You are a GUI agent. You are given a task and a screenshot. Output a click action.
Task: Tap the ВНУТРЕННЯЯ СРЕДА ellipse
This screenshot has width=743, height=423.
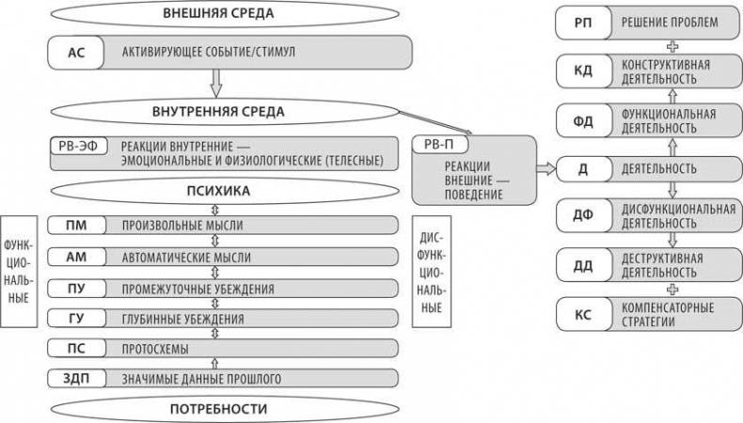[x=218, y=111]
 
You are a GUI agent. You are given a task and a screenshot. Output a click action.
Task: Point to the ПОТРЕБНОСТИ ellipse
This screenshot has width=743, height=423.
[x=218, y=409]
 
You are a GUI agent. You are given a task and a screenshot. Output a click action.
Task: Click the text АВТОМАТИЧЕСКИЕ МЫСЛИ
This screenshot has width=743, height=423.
[x=188, y=257]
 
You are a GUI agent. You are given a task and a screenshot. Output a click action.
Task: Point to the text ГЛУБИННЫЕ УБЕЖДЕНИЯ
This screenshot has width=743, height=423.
[x=182, y=319]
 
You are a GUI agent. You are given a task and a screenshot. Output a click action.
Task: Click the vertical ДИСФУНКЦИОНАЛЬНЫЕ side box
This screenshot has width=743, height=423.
[x=430, y=270]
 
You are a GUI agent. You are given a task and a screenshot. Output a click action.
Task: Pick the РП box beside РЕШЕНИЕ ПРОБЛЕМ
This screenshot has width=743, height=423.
[x=582, y=22]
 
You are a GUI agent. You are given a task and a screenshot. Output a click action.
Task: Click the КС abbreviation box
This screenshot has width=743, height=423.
[x=582, y=314]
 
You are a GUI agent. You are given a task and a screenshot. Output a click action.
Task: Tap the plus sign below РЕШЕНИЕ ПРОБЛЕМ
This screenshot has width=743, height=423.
[x=671, y=45]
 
